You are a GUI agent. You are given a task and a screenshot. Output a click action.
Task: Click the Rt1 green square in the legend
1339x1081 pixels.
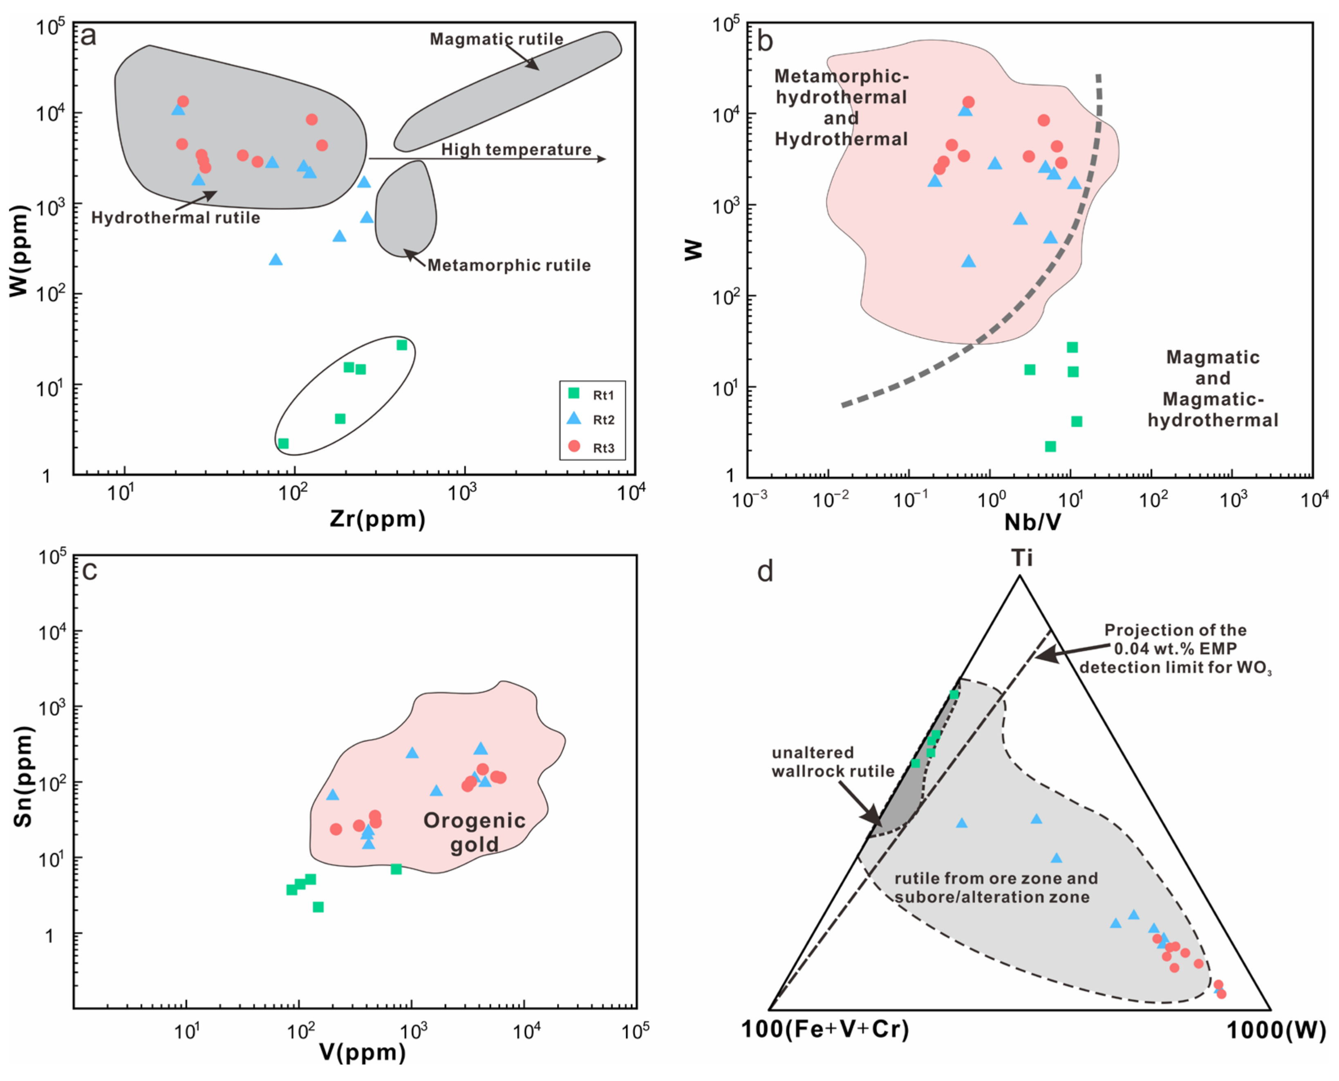[574, 393]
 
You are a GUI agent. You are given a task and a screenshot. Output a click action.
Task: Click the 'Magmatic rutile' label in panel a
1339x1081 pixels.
[496, 39]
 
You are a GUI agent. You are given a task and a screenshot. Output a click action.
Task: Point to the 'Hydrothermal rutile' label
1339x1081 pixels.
[175, 218]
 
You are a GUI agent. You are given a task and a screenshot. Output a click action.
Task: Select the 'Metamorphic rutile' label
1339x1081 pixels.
[508, 265]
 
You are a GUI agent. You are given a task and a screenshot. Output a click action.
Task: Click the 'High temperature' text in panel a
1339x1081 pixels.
[516, 150]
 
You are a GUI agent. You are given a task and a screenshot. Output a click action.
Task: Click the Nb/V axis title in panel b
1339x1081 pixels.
[1032, 522]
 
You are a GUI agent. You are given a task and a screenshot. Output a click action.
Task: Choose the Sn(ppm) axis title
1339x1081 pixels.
[23, 776]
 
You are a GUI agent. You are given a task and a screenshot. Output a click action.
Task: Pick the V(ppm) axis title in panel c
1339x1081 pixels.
[362, 1052]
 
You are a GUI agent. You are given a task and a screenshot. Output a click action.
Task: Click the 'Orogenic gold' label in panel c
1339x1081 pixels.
[475, 832]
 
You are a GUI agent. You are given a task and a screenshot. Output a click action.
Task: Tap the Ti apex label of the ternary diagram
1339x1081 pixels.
[1021, 557]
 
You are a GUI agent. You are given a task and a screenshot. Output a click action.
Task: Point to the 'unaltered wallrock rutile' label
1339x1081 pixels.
[832, 762]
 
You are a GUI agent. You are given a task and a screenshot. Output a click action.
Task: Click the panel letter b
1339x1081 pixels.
[764, 41]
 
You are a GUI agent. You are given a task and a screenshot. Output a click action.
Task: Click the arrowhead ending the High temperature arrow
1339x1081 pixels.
[601, 159]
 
